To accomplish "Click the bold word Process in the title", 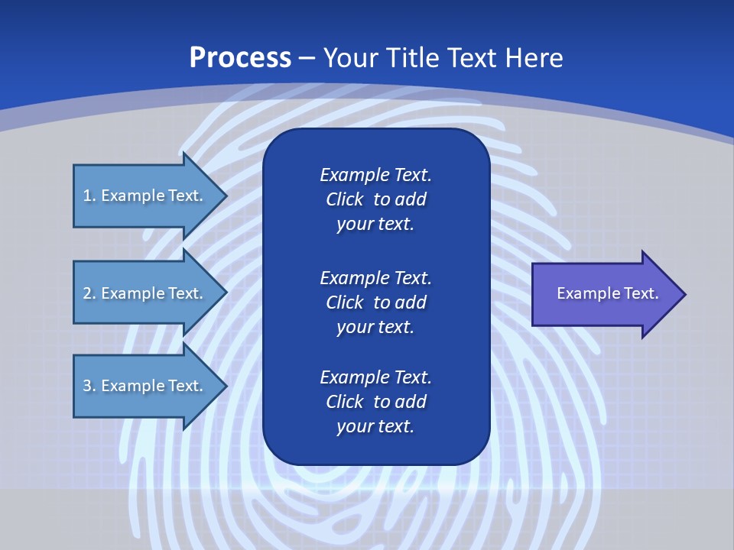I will pyautogui.click(x=240, y=58).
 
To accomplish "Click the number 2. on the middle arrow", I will pyautogui.click(x=89, y=293).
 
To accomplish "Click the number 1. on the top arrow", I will pyautogui.click(x=89, y=196).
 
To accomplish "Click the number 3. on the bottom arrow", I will pyautogui.click(x=89, y=386).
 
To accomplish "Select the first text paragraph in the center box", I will pyautogui.click(x=375, y=199).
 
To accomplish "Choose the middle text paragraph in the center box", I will pyautogui.click(x=375, y=302).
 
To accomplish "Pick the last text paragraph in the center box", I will pyautogui.click(x=375, y=402).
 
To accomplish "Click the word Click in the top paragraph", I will pyautogui.click(x=344, y=199).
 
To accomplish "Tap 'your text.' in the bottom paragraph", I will pyautogui.click(x=375, y=426).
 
